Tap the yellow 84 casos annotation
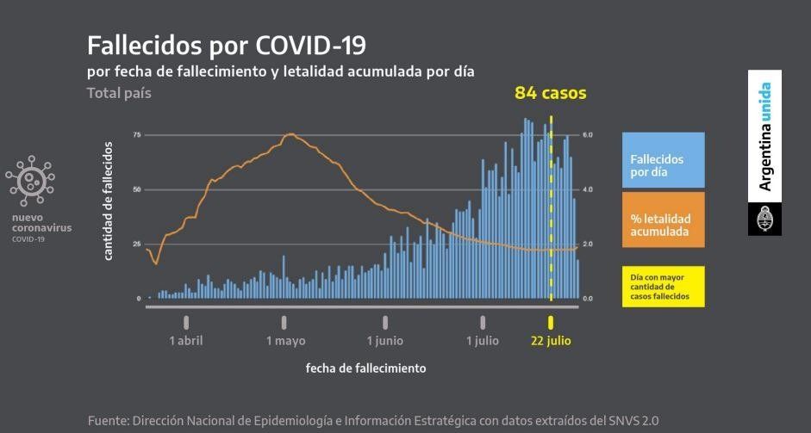550,92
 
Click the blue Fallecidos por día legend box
663,160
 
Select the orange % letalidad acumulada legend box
663,220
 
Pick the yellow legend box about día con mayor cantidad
663,287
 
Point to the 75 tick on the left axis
137,135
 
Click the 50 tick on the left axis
137,189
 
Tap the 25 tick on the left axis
137,244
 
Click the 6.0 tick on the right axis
588,135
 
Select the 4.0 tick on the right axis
588,189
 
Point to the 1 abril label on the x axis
186,341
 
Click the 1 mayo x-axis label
285,341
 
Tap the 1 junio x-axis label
384,341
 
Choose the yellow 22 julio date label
550,341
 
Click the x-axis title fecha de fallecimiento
365,368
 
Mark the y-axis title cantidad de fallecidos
109,201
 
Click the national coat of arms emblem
764,219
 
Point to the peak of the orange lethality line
290,133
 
